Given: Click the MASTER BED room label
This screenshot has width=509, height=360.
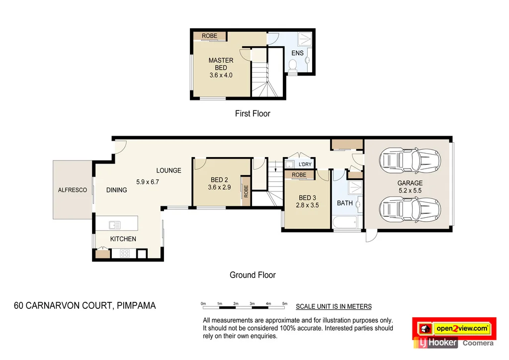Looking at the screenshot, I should (x=221, y=64).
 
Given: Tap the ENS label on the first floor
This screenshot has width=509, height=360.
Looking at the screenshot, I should (x=297, y=53).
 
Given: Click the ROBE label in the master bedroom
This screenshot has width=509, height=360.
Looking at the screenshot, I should (x=209, y=36).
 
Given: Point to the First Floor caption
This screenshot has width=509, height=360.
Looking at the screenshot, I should (x=253, y=114).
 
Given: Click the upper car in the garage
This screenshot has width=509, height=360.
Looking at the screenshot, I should (x=410, y=160).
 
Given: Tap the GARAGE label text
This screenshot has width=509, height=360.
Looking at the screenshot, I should (x=410, y=183).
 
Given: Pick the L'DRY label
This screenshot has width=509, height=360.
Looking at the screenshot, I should (x=305, y=165).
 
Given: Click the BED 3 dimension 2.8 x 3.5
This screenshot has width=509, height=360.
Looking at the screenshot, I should (x=307, y=205).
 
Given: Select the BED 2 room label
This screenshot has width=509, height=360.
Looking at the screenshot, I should (x=219, y=180).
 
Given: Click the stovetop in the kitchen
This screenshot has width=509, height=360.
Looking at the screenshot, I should (x=125, y=254).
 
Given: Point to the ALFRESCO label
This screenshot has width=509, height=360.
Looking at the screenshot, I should (x=73, y=190).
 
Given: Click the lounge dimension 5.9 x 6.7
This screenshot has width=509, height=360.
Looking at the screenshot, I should (x=148, y=182).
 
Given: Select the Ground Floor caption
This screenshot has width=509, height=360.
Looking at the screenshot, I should (x=253, y=275).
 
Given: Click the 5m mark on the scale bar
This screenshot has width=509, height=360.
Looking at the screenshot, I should (x=285, y=303).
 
